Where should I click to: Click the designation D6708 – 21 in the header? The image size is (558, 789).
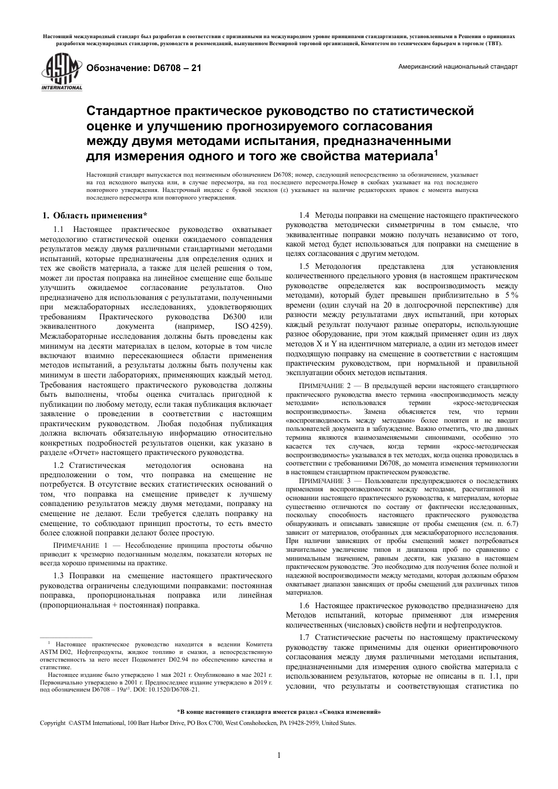coord(144,68)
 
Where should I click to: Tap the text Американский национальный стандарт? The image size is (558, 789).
coord(458,67)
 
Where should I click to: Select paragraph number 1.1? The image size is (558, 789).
coord(59,229)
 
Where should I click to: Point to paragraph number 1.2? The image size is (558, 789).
coord(59,466)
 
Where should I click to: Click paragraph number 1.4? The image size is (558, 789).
coord(305,215)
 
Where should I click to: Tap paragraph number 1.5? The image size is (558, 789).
coord(305,266)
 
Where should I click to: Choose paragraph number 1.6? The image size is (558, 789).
coord(305,605)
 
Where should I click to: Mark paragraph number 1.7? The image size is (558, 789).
coord(305,637)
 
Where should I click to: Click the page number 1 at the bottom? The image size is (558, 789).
coord(278,755)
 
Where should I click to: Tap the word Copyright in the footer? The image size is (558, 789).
coord(52,723)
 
